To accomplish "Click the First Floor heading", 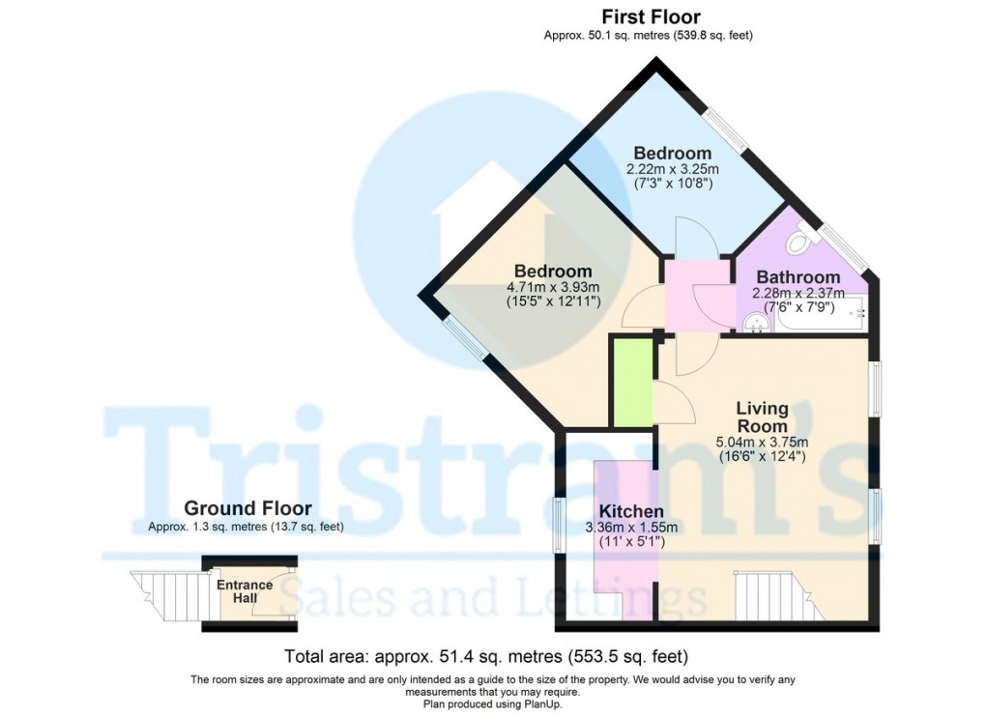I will pyautogui.click(x=650, y=16).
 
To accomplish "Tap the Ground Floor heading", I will pyautogui.click(x=247, y=508).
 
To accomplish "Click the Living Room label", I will pyautogui.click(x=762, y=417).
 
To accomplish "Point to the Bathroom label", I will pyautogui.click(x=797, y=276).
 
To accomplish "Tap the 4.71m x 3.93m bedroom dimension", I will pyautogui.click(x=553, y=287).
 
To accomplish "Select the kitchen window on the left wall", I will pyautogui.click(x=559, y=525).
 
